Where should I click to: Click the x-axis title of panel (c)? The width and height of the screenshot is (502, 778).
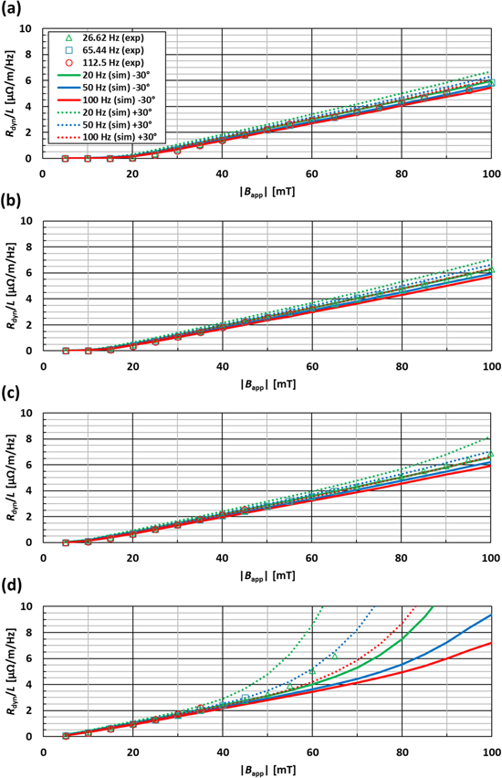[267, 575]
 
